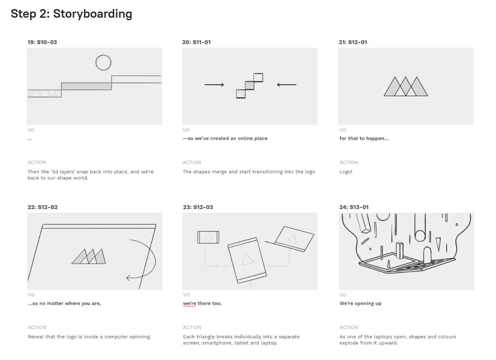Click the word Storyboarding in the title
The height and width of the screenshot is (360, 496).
click(x=92, y=14)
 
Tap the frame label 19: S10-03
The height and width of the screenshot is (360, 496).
click(x=42, y=42)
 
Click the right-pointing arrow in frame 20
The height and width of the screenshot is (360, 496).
click(x=214, y=85)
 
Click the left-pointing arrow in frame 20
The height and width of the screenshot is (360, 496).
click(x=287, y=85)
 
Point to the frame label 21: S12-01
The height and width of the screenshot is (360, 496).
click(x=353, y=42)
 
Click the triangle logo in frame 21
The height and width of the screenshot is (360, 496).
click(x=406, y=86)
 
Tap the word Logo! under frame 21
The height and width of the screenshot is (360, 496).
click(x=346, y=172)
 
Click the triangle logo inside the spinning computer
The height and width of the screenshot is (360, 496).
click(x=89, y=256)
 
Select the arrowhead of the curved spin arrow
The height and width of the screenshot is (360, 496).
click(x=128, y=278)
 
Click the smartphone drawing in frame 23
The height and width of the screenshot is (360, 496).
click(x=208, y=238)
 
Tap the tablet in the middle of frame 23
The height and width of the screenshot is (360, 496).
click(x=247, y=260)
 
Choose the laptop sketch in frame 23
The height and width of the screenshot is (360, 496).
click(x=292, y=239)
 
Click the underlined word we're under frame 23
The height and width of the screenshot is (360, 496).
click(x=190, y=304)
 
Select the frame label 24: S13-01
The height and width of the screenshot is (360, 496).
click(x=354, y=207)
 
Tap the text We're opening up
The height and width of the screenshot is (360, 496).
click(x=360, y=304)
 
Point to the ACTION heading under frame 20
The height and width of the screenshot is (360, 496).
click(x=192, y=162)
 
